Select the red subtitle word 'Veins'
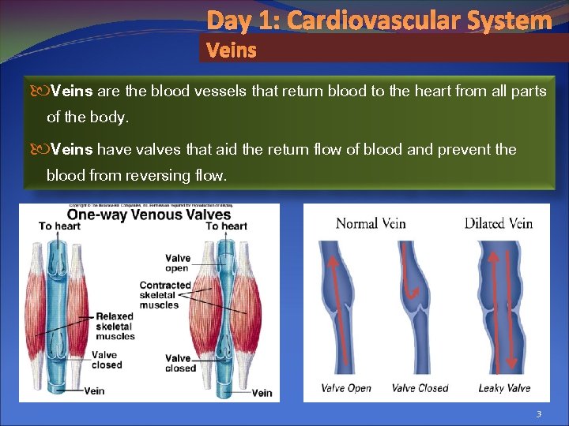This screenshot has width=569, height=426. pos(231,50)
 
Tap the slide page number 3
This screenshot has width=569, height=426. pos(538,414)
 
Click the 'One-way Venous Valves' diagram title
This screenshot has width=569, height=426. pos(149,215)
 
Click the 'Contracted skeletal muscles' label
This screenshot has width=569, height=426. pos(165,295)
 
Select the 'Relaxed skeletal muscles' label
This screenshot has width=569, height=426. pos(115,327)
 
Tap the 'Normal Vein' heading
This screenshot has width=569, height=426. pos(371,223)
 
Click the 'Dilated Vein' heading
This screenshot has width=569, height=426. pos(498,223)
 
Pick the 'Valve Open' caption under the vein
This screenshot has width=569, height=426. pos(345,388)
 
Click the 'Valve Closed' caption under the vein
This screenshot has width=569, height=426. pos(420,388)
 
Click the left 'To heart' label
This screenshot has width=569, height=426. pos(59,226)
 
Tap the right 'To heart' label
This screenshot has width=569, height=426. pos(226,226)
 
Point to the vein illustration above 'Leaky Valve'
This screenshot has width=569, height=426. pos(500,308)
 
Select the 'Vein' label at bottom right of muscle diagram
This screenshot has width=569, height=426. pos(262,393)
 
